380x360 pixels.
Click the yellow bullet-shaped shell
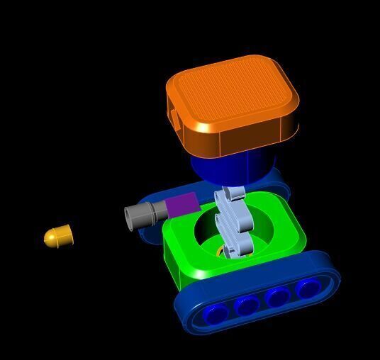point(58,235)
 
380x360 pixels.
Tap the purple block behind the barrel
point(182,205)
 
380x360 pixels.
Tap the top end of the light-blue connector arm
point(233,192)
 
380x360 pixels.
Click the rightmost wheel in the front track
point(308,288)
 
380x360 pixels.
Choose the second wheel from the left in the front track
point(247,306)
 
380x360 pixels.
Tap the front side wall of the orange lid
point(248,139)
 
